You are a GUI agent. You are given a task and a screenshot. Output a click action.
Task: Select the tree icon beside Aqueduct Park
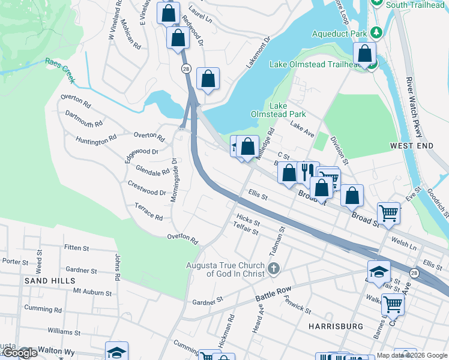tap(376, 31)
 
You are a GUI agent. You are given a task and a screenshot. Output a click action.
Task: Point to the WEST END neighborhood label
tap(411, 146)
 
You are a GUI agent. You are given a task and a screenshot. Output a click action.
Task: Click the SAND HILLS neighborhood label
tap(50, 280)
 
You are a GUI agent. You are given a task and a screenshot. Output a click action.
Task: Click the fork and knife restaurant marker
tap(305, 172)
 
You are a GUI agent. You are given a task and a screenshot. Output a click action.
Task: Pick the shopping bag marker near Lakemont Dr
tap(208, 79)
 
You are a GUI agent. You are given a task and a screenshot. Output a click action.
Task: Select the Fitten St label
tap(76, 247)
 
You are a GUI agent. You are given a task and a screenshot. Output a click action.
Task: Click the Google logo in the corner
tap(20, 353)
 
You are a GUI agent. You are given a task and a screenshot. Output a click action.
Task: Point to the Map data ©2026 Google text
tap(412, 355)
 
